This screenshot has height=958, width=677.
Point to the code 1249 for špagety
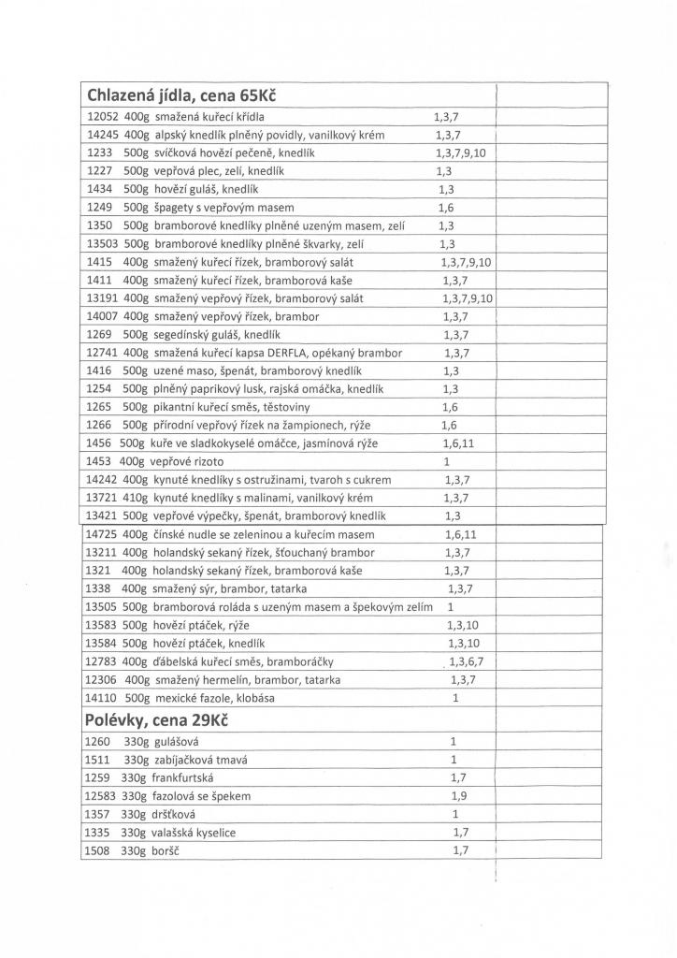(x=98, y=207)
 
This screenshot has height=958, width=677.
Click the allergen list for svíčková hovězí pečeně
(x=460, y=152)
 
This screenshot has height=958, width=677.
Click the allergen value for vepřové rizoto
(x=447, y=461)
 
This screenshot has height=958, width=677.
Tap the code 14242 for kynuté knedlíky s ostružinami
(x=100, y=479)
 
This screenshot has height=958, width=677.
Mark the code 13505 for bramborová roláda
(x=100, y=607)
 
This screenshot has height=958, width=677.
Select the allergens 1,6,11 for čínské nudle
(x=460, y=534)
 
